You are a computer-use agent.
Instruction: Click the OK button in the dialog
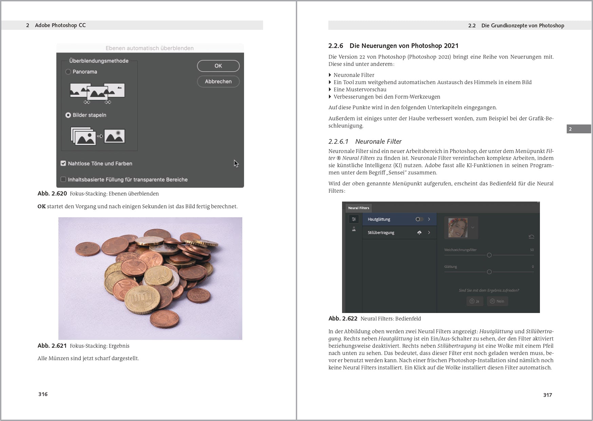[218, 66]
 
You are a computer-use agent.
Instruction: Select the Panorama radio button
[68, 72]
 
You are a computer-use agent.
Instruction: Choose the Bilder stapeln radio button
[68, 115]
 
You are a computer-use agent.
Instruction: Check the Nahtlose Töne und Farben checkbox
[63, 163]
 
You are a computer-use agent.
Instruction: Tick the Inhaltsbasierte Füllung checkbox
[63, 179]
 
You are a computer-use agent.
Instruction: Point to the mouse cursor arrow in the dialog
[236, 163]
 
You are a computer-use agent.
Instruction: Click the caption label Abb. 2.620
[52, 194]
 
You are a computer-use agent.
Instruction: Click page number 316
[43, 394]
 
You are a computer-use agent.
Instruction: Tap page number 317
[547, 395]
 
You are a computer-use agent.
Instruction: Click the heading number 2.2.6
[336, 46]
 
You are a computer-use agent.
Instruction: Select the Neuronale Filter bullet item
[353, 75]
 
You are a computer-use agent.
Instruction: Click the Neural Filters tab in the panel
[358, 208]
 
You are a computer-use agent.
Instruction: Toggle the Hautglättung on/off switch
[419, 219]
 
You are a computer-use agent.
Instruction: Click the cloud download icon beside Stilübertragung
[419, 233]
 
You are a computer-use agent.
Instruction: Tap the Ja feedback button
[474, 301]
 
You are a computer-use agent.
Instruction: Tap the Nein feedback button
[497, 301]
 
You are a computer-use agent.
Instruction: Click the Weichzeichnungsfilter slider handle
[489, 255]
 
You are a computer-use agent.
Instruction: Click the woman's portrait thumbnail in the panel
[458, 227]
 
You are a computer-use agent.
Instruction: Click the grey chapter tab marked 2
[578, 129]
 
